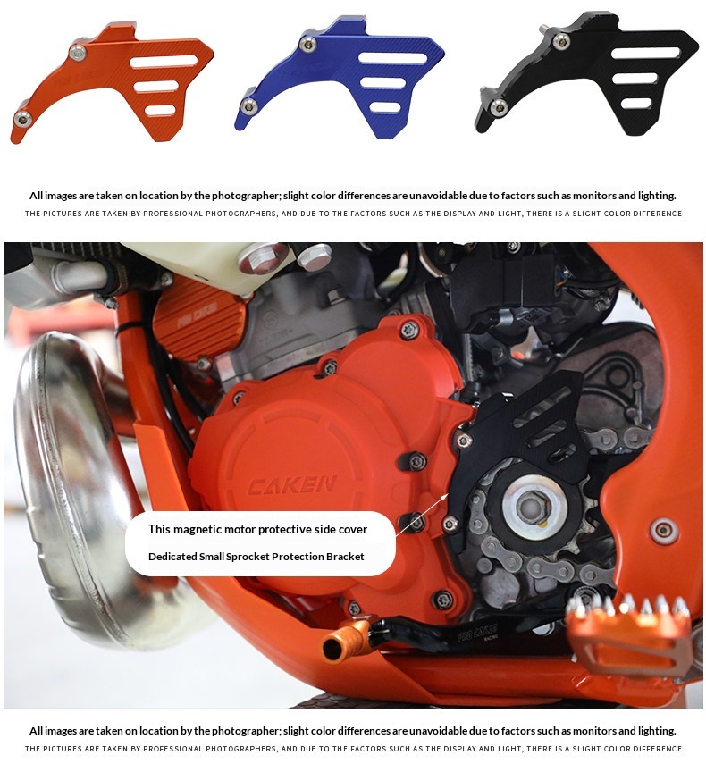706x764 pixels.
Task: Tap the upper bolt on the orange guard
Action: (78, 52)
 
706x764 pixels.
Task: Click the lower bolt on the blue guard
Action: (249, 105)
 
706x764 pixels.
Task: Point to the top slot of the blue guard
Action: (392, 58)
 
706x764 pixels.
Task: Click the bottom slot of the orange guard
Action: (160, 111)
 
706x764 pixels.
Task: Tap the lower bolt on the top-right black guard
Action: (499, 106)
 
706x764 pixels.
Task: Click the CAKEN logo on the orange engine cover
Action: (292, 485)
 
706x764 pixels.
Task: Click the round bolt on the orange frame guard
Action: (664, 530)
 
